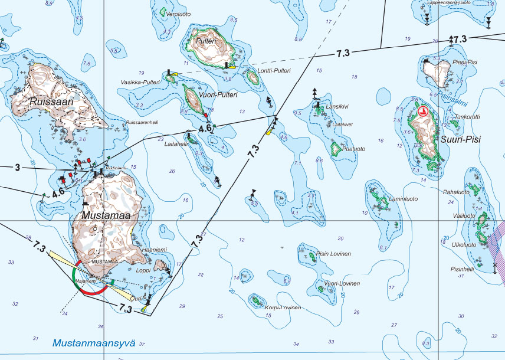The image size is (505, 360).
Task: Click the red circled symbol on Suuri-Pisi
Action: [422, 111]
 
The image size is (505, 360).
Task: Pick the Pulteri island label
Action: [207, 41]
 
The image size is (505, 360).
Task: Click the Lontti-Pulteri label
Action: [275, 71]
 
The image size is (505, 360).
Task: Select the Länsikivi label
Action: [337, 107]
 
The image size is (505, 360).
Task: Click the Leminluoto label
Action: [403, 199]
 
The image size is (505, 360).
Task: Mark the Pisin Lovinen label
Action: [333, 254]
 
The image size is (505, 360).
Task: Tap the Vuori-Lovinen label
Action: [342, 284]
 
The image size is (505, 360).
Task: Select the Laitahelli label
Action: [177, 143]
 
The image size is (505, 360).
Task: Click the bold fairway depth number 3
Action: [18, 168]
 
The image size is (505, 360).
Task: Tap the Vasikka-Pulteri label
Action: [140, 82]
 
